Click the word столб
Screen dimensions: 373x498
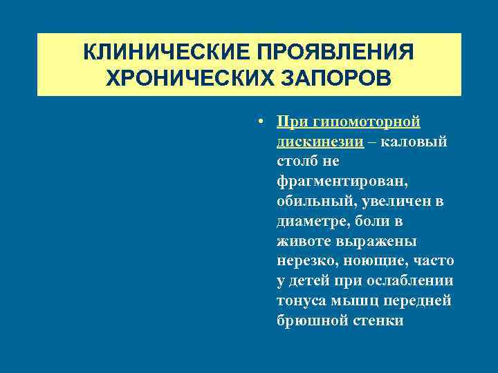[294, 162]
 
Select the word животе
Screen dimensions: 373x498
[301, 242]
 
